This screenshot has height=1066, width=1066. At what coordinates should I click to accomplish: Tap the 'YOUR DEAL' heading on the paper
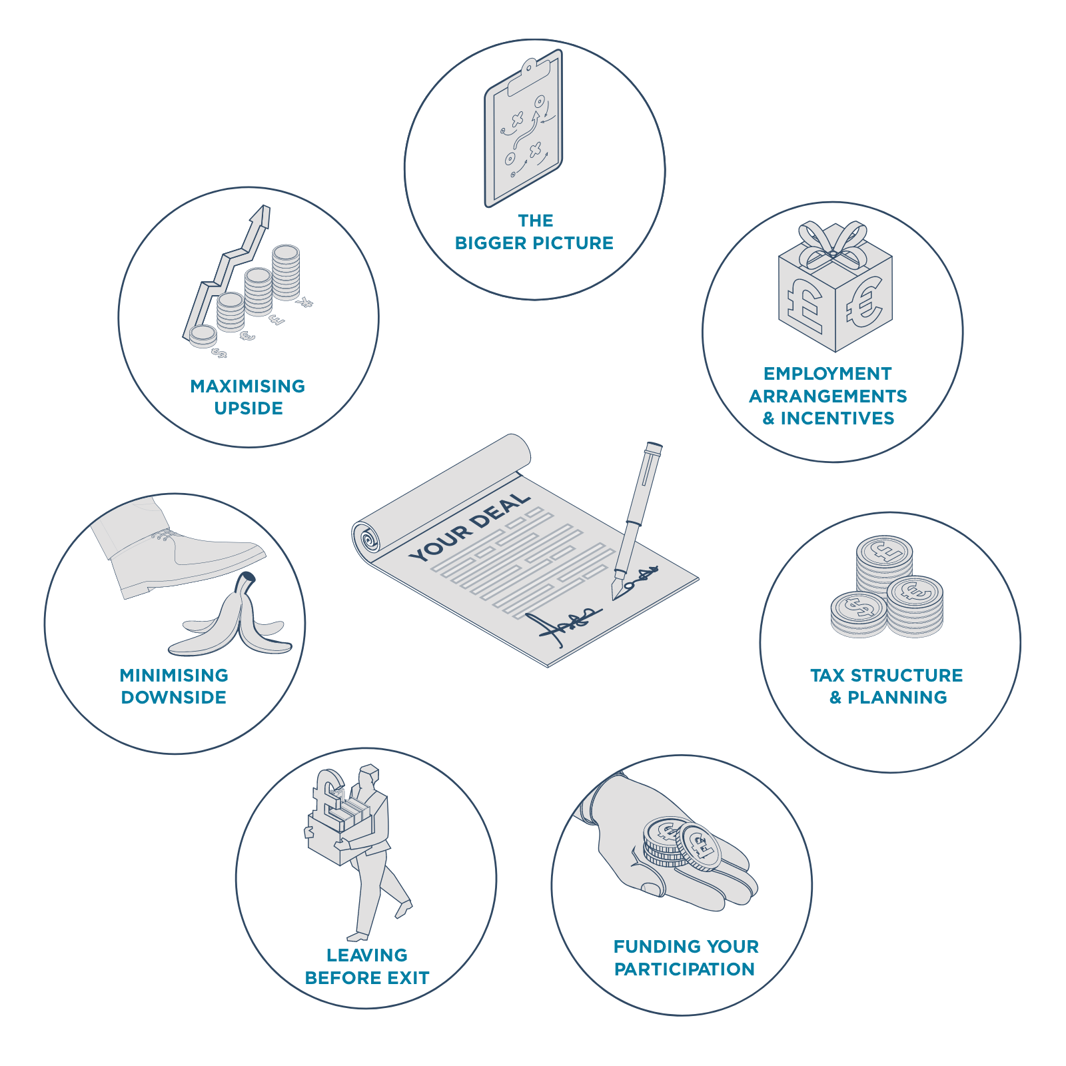tap(470, 527)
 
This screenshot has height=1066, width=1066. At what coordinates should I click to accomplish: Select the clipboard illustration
tap(524, 128)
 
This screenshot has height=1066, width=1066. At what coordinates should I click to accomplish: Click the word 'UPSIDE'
tap(249, 408)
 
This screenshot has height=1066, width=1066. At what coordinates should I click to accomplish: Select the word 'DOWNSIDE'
tap(174, 698)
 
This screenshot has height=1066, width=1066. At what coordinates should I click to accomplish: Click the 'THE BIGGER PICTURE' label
tap(534, 232)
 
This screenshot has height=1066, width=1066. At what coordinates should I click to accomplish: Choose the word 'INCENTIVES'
tap(837, 418)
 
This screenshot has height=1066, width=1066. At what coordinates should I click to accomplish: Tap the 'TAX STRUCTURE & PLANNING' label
tap(887, 686)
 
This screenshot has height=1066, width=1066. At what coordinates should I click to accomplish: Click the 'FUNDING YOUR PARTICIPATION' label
tap(686, 958)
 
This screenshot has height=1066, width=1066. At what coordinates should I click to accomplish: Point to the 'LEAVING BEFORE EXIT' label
tap(367, 967)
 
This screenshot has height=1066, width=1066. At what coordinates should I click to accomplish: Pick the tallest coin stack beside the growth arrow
tap(286, 272)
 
